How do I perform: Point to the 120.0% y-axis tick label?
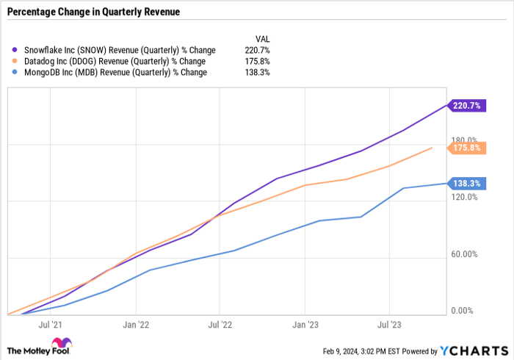click(463, 197)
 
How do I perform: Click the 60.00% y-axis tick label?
click(463, 254)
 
